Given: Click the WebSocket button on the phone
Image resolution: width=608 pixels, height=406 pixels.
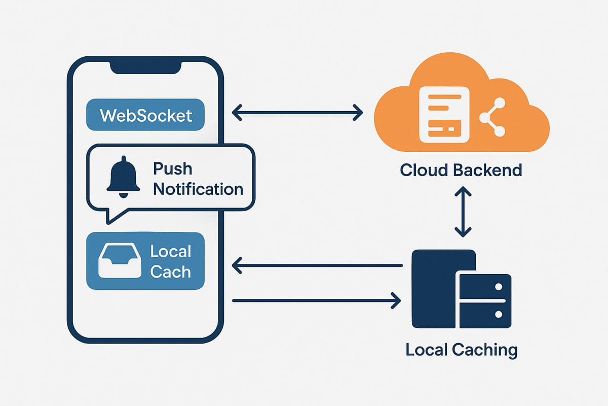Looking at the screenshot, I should (x=145, y=115).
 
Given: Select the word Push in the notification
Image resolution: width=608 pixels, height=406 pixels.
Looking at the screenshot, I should (x=172, y=169).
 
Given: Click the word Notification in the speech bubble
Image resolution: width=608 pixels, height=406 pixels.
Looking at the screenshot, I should (x=198, y=189).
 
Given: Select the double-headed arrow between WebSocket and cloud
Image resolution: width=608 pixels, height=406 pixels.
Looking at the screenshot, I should (x=297, y=112).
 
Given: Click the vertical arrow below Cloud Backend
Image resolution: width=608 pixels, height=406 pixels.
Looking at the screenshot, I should (x=463, y=212).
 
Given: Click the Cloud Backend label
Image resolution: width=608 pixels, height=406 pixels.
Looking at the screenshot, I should (x=461, y=170).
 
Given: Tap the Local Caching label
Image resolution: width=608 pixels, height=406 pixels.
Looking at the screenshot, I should (x=462, y=349).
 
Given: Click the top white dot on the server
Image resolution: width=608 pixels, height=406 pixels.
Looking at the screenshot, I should (x=498, y=287).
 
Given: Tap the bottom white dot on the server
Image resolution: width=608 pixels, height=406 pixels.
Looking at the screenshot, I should (x=498, y=314).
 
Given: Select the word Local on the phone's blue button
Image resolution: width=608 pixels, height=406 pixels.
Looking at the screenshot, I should (x=170, y=252).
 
